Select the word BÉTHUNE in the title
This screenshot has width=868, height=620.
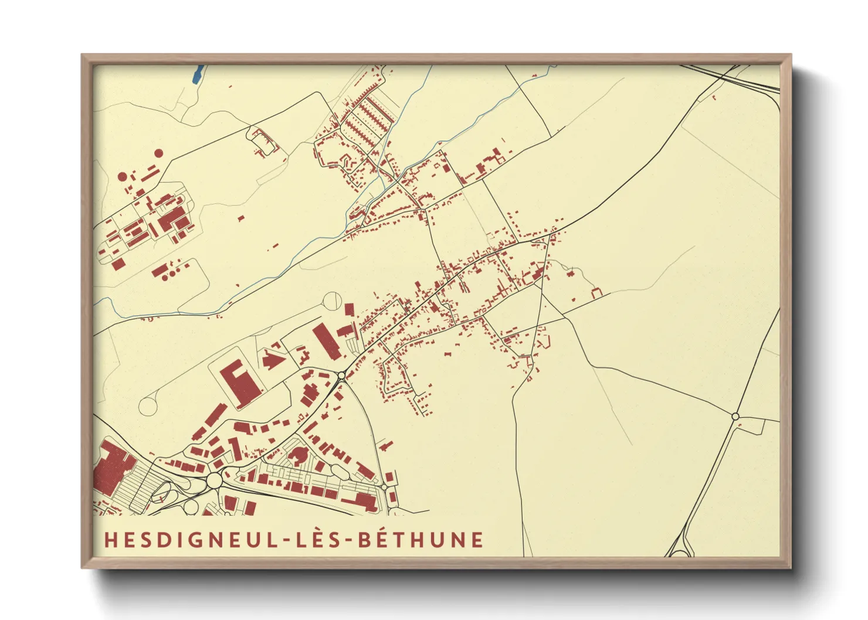coord(421,539)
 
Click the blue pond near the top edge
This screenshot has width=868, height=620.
coord(198,73)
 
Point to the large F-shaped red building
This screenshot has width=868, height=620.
coord(239,380)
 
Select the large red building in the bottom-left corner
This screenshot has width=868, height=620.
coord(112,466)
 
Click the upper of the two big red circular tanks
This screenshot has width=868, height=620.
coord(158,153)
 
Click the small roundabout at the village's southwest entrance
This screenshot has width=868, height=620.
coord(342,375)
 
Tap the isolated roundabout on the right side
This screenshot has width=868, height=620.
coord(735,416)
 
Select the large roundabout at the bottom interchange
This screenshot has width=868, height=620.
coord(213,481)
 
